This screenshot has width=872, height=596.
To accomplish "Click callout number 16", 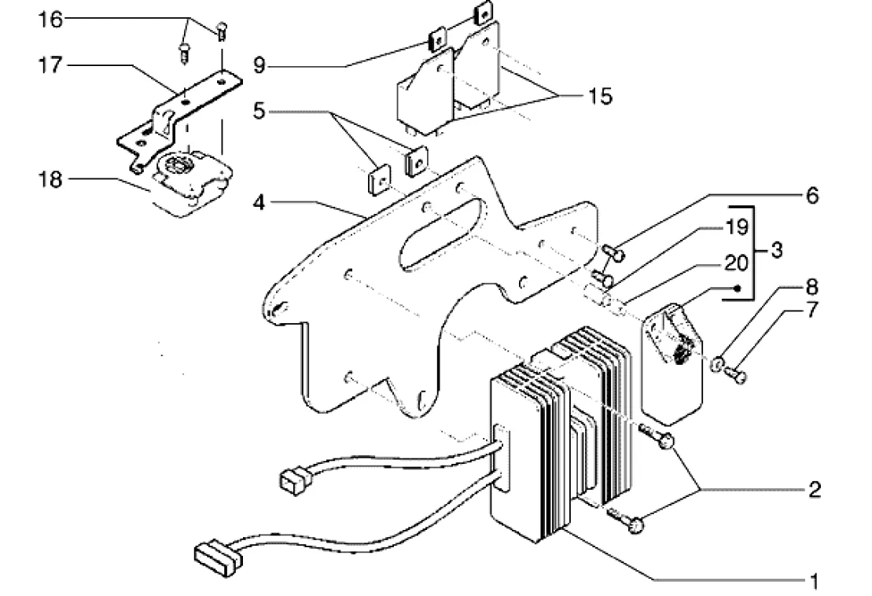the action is pos(50,20).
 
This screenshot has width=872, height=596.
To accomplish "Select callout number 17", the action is pos(50,65).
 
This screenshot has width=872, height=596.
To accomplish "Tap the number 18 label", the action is pos(50,179).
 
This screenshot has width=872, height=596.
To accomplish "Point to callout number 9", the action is pos(259,66).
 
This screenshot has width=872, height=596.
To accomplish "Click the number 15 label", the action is pos(600,96).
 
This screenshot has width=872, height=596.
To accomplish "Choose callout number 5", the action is pos(259,111).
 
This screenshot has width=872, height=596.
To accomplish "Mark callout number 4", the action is pos(259,203).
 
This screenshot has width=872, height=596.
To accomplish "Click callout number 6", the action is pos(812,196).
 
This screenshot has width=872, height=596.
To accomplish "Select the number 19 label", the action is pos(737,226).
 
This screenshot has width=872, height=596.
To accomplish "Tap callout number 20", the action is pos(737,263).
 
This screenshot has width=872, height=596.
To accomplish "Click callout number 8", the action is pos(812,287).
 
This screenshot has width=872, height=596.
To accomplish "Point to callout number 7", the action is pos(812,311).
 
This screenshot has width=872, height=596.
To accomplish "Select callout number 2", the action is pos(814,489).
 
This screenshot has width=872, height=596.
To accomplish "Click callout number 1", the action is pos(815,582).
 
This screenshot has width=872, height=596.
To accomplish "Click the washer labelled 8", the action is pos(717,365).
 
